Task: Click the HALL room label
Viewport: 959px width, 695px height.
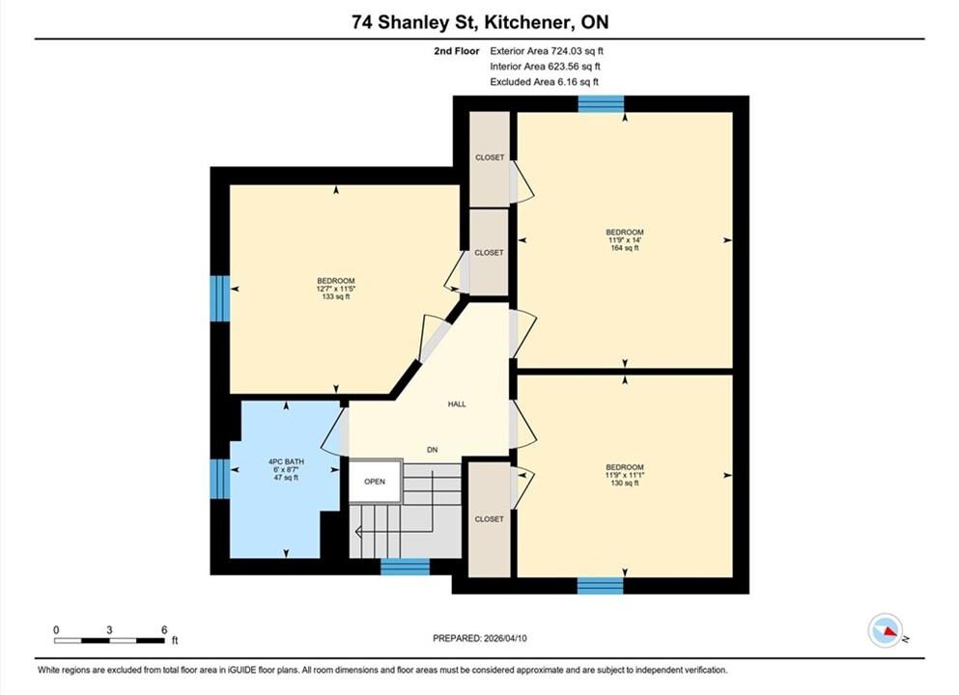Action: (457, 404)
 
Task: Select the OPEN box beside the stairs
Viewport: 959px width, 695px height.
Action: (375, 482)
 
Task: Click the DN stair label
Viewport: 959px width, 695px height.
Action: (433, 450)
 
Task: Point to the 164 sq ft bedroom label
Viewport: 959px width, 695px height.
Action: (625, 240)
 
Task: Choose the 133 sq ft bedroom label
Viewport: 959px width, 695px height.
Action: (336, 289)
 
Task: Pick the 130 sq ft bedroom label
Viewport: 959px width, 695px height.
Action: (625, 475)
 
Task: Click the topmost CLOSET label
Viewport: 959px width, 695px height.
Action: (490, 157)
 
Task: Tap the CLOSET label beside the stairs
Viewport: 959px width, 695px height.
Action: (490, 519)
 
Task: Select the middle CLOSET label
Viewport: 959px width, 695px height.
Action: (490, 253)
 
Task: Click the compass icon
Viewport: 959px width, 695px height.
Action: (886, 630)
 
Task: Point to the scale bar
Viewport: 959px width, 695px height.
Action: (109, 640)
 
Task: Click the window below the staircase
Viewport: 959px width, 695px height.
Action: (405, 567)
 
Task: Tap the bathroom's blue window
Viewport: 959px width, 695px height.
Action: (220, 479)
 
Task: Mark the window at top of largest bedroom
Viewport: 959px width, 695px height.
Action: (601, 104)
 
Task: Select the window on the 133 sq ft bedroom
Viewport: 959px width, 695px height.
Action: (220, 298)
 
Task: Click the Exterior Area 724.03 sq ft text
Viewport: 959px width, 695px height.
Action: (547, 51)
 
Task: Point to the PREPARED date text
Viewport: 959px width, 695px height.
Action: (479, 638)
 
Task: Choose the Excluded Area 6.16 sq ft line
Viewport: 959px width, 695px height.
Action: (545, 82)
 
